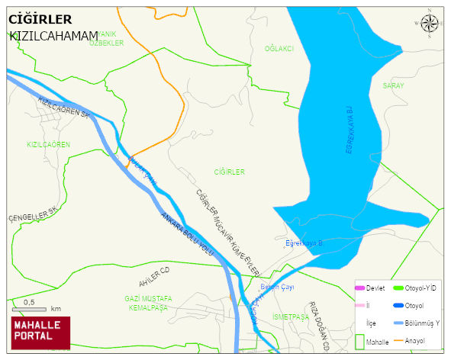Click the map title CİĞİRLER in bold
40,19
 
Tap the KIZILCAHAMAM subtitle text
53,36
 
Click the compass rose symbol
430,24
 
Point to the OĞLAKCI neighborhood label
279,49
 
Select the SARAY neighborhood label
393,86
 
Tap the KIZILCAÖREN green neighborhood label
48,144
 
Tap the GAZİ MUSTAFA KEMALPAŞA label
147,303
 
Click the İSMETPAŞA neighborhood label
290,317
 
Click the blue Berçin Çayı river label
277,287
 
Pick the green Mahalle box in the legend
360,342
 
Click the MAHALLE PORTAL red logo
40,333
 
